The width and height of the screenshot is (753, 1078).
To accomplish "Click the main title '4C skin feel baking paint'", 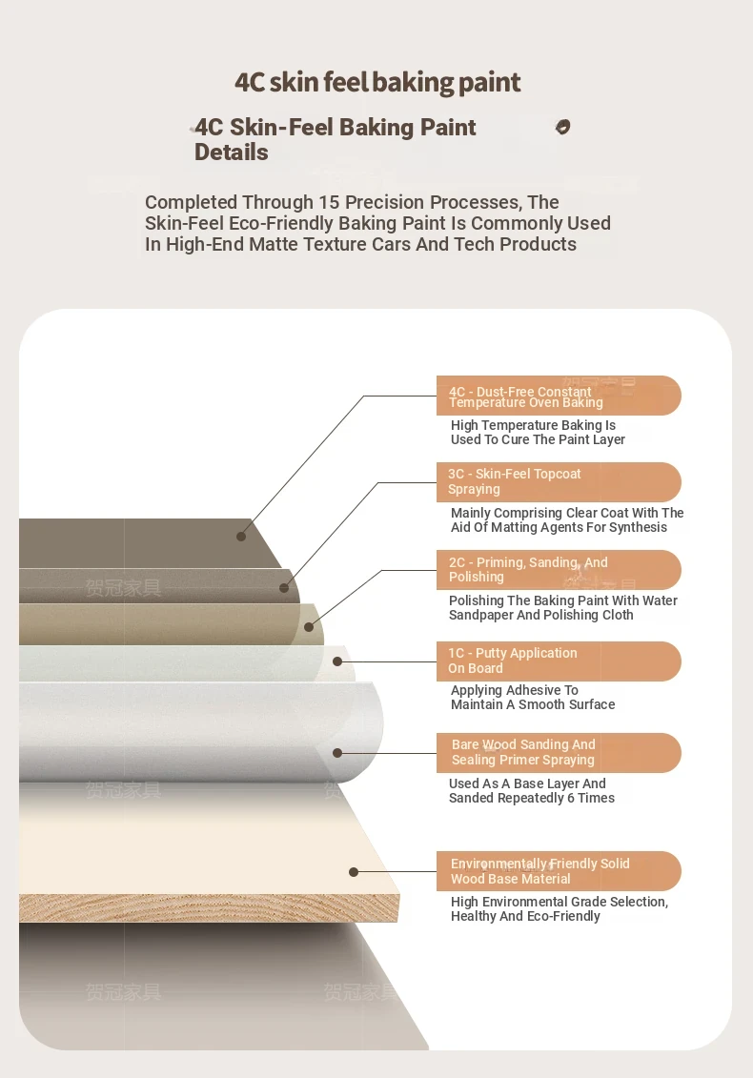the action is [x=377, y=83].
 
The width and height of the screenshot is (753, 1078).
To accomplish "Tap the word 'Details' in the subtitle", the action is [x=231, y=152].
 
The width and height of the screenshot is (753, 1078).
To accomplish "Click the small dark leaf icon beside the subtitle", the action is [x=562, y=127].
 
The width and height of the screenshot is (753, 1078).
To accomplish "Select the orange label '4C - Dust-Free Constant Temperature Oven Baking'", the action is [x=559, y=396].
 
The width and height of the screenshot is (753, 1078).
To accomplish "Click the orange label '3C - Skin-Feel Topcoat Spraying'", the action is [x=559, y=482].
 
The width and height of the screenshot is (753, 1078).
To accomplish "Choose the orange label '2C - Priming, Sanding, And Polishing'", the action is [x=559, y=570].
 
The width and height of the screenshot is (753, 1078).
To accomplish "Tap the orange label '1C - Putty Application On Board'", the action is [x=559, y=661].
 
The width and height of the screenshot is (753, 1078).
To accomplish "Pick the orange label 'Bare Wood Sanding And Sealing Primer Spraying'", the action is [x=559, y=753].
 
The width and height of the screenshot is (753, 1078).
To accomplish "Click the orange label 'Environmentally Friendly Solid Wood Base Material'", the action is [x=559, y=871].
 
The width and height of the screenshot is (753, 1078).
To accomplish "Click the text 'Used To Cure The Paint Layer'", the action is [x=538, y=440].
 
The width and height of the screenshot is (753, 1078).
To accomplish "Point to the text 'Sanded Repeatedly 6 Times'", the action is [x=532, y=798].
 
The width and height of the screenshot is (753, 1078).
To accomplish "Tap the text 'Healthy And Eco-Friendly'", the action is [x=525, y=916].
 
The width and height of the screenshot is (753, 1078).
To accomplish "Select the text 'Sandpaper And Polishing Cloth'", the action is [x=541, y=616].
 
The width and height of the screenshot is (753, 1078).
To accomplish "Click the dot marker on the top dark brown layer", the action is [x=241, y=537].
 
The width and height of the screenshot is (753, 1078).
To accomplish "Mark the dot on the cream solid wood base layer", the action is [x=354, y=872].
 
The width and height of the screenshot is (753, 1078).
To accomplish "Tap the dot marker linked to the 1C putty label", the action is [x=337, y=661].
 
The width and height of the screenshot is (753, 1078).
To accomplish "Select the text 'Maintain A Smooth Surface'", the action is [x=533, y=704].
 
